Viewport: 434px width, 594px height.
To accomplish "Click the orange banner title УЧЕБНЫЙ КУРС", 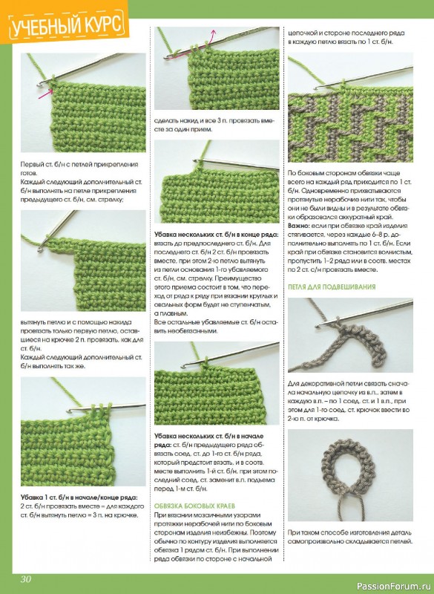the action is pyautogui.click(x=66, y=25).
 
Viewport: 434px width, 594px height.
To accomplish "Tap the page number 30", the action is pyautogui.click(x=26, y=579).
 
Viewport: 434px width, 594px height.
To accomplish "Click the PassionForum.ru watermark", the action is pyautogui.click(x=393, y=586).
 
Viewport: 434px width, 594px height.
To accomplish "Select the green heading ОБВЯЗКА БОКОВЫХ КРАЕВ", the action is pyautogui.click(x=194, y=506).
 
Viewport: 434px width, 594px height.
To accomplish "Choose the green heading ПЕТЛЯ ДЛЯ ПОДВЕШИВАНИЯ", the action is pyautogui.click(x=332, y=287).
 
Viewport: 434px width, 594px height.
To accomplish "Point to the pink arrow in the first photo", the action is pyautogui.click(x=45, y=94).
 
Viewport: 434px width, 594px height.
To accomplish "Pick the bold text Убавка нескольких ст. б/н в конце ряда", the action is pyautogui.click(x=216, y=235).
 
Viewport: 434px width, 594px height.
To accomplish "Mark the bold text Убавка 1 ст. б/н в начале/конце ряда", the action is pyautogui.click(x=79, y=497).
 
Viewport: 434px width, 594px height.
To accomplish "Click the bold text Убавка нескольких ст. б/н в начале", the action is pyautogui.click(x=209, y=436).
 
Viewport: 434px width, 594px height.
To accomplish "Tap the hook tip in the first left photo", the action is pyautogui.click(x=39, y=85).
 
